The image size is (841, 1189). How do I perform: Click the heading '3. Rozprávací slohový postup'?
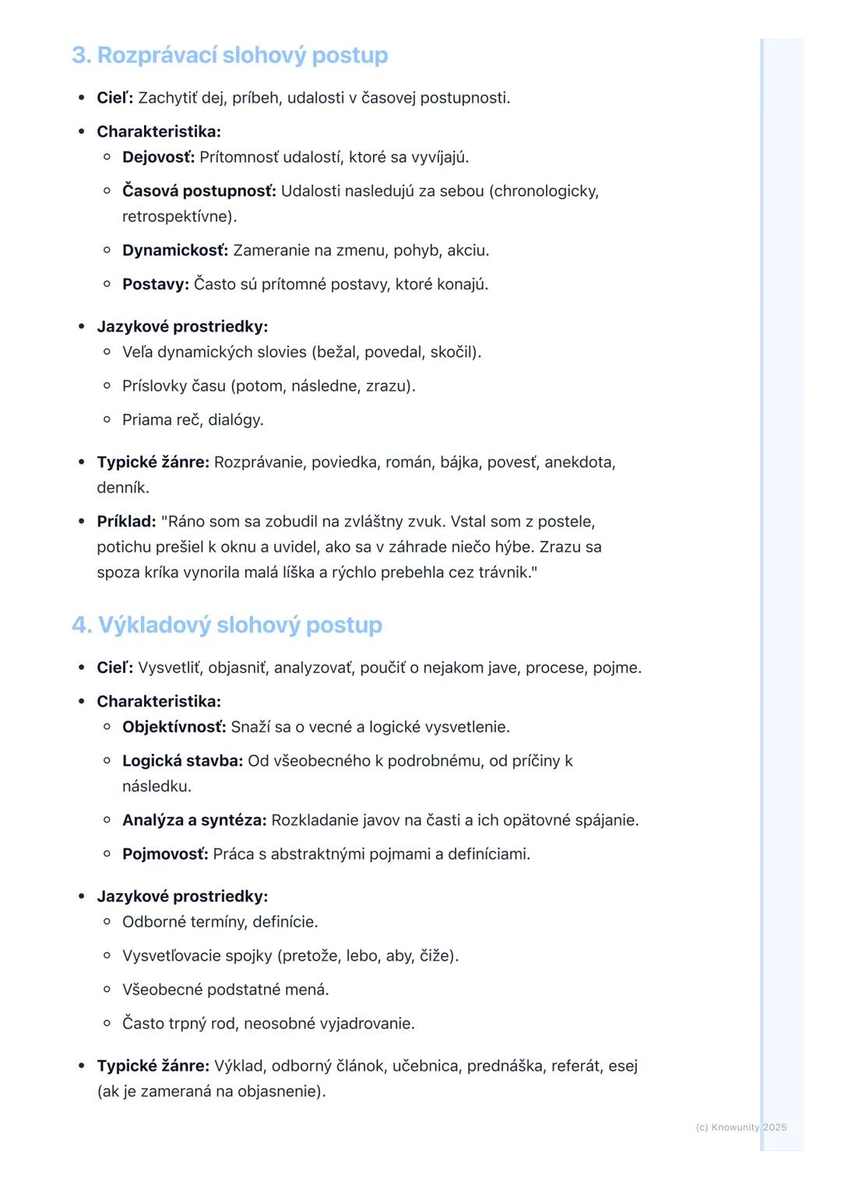tap(230, 55)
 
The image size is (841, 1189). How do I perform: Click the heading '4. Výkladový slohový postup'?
tap(227, 625)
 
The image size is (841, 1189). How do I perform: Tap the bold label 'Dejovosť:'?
tap(158, 157)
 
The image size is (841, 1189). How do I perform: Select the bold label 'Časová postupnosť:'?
tap(199, 191)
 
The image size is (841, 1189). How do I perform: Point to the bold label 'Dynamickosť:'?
tap(175, 251)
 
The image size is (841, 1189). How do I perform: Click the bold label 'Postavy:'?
tap(156, 284)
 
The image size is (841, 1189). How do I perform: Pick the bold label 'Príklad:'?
tap(126, 521)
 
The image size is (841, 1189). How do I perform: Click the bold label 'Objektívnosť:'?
tap(174, 727)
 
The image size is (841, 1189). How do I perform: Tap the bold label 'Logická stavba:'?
tap(182, 760)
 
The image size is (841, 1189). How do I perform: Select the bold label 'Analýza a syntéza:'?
tap(194, 820)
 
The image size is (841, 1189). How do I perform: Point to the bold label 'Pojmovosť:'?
tap(165, 854)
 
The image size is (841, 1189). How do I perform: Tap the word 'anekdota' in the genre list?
tap(578, 462)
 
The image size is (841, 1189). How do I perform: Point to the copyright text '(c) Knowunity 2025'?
tap(741, 1127)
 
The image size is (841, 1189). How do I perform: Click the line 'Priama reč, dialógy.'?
tap(193, 420)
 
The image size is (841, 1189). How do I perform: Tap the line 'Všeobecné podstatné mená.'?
tap(226, 990)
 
